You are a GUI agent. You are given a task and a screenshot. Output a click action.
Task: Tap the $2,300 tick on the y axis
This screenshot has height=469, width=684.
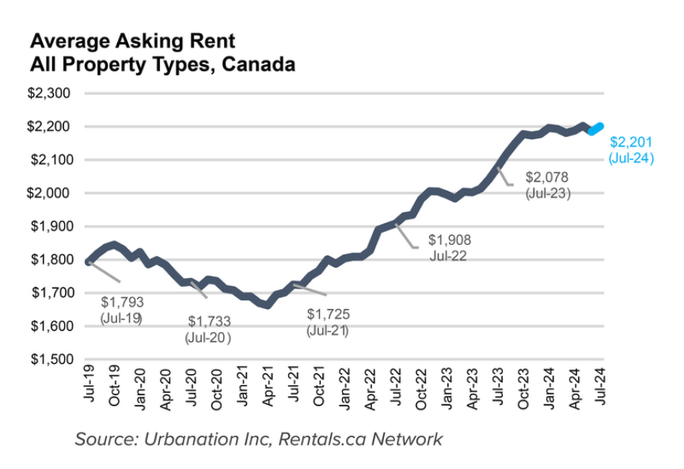[x=50, y=93]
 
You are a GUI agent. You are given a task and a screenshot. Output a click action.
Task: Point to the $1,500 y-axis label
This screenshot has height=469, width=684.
[x=50, y=360]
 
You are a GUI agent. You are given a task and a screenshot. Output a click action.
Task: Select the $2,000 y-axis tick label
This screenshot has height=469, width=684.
[x=50, y=193]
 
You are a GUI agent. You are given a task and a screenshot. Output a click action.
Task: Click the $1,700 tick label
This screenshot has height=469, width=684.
[x=50, y=293]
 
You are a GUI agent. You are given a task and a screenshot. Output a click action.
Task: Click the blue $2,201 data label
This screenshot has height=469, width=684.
[x=629, y=143]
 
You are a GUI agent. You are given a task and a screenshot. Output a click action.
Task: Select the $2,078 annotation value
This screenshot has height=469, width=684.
[x=547, y=177]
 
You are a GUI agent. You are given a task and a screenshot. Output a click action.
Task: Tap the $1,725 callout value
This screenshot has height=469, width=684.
[x=328, y=315]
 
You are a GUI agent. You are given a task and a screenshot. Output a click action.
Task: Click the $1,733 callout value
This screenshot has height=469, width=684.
[x=209, y=322]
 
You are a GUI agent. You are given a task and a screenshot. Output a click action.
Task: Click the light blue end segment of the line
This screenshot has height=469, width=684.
[x=595, y=129]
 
